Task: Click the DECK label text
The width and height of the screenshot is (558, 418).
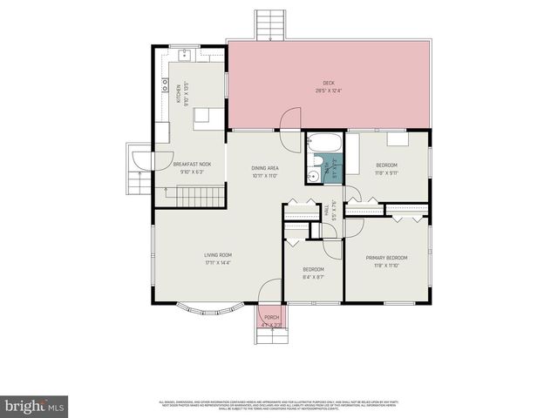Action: (x=329, y=83)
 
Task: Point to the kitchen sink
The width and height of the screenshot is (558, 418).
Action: (x=186, y=55)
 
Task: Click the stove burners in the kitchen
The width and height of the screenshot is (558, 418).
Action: (x=164, y=86)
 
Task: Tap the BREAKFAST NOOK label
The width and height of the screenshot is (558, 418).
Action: (x=192, y=164)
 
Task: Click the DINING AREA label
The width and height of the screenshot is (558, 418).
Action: (x=265, y=167)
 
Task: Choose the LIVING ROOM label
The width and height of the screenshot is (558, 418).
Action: (x=206, y=254)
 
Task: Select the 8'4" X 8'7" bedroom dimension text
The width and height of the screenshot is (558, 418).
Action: (x=314, y=278)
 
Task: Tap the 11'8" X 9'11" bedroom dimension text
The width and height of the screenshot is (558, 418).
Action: (x=387, y=173)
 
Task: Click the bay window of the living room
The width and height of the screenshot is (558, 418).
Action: (x=206, y=309)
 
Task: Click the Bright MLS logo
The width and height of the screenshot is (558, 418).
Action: (x=35, y=406)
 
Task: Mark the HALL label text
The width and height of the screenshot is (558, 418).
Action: (x=326, y=210)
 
